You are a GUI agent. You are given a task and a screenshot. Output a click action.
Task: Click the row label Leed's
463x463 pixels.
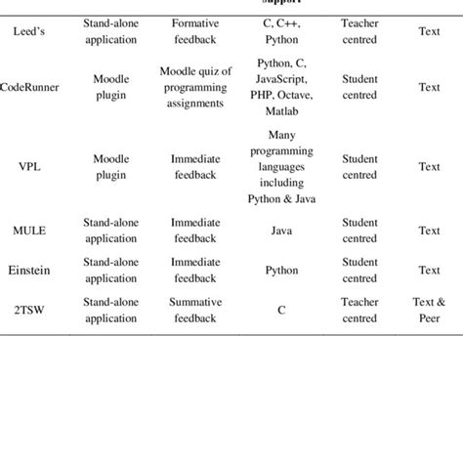point(25,31)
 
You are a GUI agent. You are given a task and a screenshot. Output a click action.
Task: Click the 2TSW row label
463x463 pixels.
point(26,310)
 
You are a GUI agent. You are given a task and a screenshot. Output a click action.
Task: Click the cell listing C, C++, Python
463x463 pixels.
point(281,31)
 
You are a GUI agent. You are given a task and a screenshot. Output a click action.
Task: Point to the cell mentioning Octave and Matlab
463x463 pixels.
point(281,86)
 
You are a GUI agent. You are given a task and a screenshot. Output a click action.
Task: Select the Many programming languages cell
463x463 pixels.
point(281,166)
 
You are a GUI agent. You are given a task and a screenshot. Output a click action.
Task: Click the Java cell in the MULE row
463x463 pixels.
point(281,231)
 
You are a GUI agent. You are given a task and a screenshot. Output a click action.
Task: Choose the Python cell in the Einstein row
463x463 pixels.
point(281,270)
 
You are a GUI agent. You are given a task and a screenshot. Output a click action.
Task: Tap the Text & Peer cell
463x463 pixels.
point(429,310)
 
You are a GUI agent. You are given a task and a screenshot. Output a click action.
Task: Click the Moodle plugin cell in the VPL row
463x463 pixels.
point(110,166)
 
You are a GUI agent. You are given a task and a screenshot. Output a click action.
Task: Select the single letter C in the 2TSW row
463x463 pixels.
point(281,310)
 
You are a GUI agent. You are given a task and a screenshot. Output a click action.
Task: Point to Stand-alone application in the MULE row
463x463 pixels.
point(110,231)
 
